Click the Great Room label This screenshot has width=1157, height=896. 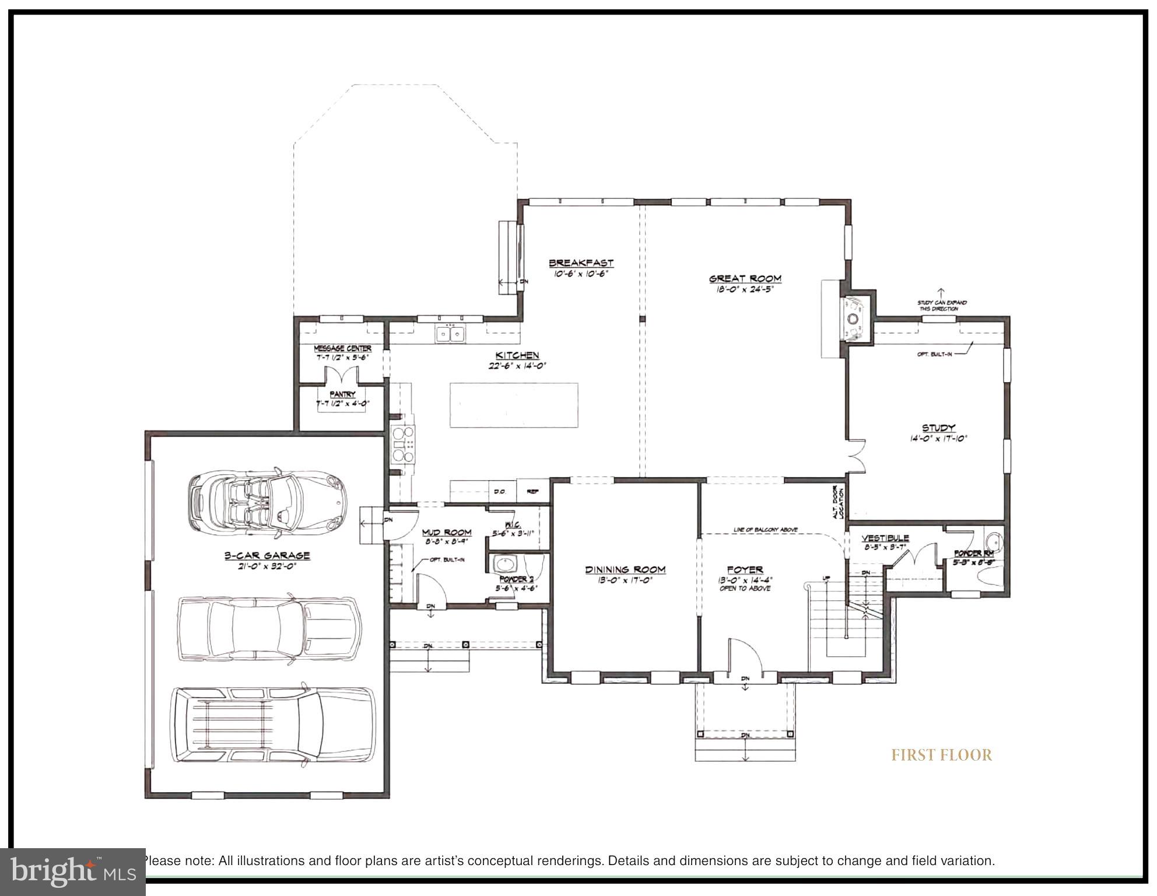tap(745, 279)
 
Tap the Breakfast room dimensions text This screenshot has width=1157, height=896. tap(580, 273)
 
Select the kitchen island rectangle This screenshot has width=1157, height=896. tap(514, 405)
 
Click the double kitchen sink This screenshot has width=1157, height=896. tap(450, 334)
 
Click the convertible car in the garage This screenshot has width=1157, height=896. tap(267, 502)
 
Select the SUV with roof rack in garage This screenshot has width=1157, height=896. tap(272, 725)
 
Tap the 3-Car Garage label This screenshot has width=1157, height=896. tap(267, 556)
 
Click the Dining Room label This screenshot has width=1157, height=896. tap(625, 569)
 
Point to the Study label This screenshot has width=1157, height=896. tap(938, 428)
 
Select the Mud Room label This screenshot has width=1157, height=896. tap(447, 532)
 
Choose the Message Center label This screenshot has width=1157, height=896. tap(342, 348)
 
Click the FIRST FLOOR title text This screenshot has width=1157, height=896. tap(941, 755)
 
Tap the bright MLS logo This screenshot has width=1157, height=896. tap(72, 871)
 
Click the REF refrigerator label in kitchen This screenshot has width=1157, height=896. tap(532, 492)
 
